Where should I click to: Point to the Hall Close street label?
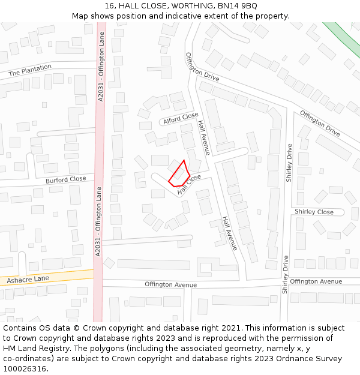pyautogui.click(x=190, y=184)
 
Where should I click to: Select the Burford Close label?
pyautogui.click(x=66, y=179)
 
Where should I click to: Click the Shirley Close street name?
pyautogui.click(x=314, y=212)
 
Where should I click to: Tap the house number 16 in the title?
pyautogui.click(x=109, y=5)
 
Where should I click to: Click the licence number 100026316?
pyautogui.click(x=25, y=368)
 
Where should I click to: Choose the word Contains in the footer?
pyautogui.click(x=20, y=328)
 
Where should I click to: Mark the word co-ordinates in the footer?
pyautogui.click(x=28, y=359)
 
